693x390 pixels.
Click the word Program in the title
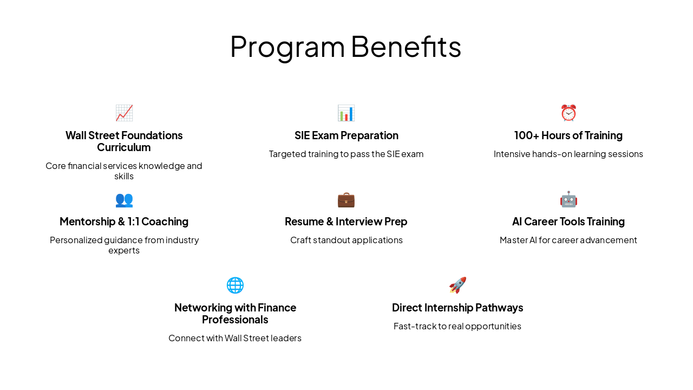coord(287,47)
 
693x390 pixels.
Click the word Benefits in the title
coord(406,47)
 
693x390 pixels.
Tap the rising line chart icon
coord(124,113)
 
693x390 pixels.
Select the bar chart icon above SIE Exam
coord(346,113)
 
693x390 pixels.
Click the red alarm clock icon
coord(568,113)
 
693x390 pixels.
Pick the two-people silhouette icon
coord(124,199)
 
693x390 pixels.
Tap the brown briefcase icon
coord(346,199)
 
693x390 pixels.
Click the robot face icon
coord(568,199)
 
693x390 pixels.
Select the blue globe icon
coord(235,285)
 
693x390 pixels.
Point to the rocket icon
coord(457,285)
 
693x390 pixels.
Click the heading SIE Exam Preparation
coord(346,135)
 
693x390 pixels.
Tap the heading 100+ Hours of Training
coord(568,135)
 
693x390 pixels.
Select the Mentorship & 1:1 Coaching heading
coord(124,222)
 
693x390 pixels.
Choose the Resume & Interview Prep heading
coord(346,222)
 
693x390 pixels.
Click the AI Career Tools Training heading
coord(568,222)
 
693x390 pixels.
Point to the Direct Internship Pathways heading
coord(457,308)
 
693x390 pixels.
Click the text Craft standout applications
coord(346,240)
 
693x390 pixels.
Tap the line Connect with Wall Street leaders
coord(235,338)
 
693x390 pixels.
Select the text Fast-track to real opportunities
coord(457,326)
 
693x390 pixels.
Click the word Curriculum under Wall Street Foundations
coord(124,147)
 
